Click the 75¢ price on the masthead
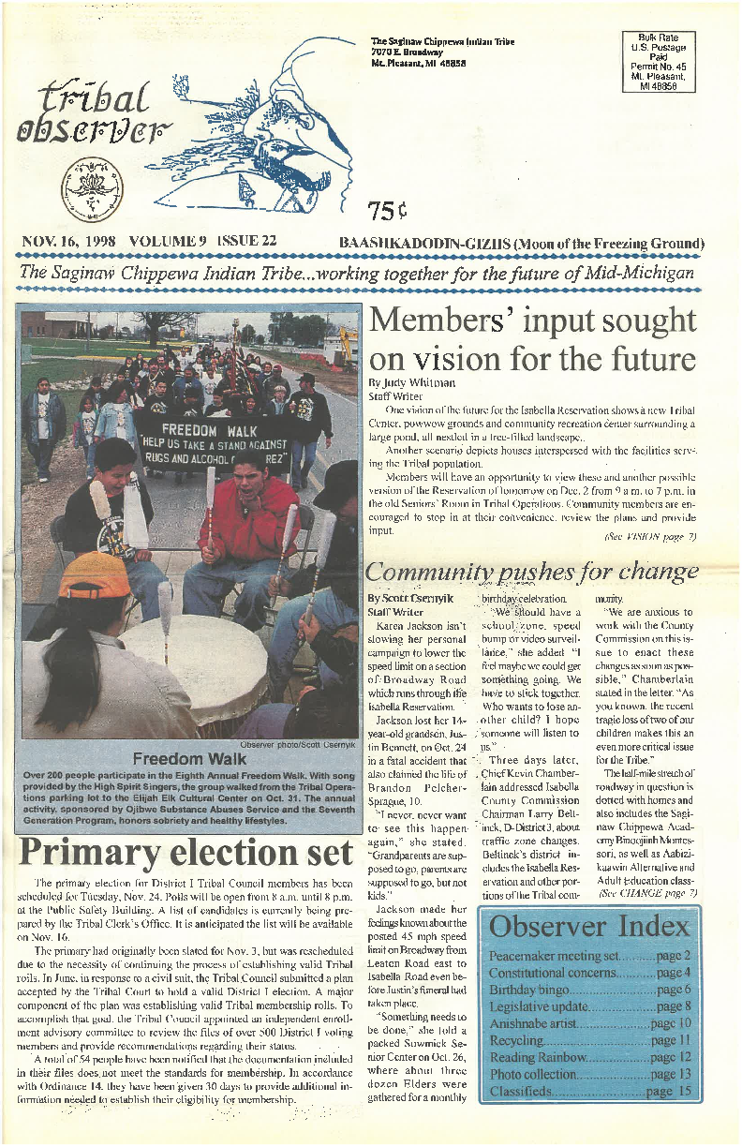point(388,208)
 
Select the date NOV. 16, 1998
point(68,242)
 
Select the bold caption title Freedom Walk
point(185,758)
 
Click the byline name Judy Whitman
point(408,383)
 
